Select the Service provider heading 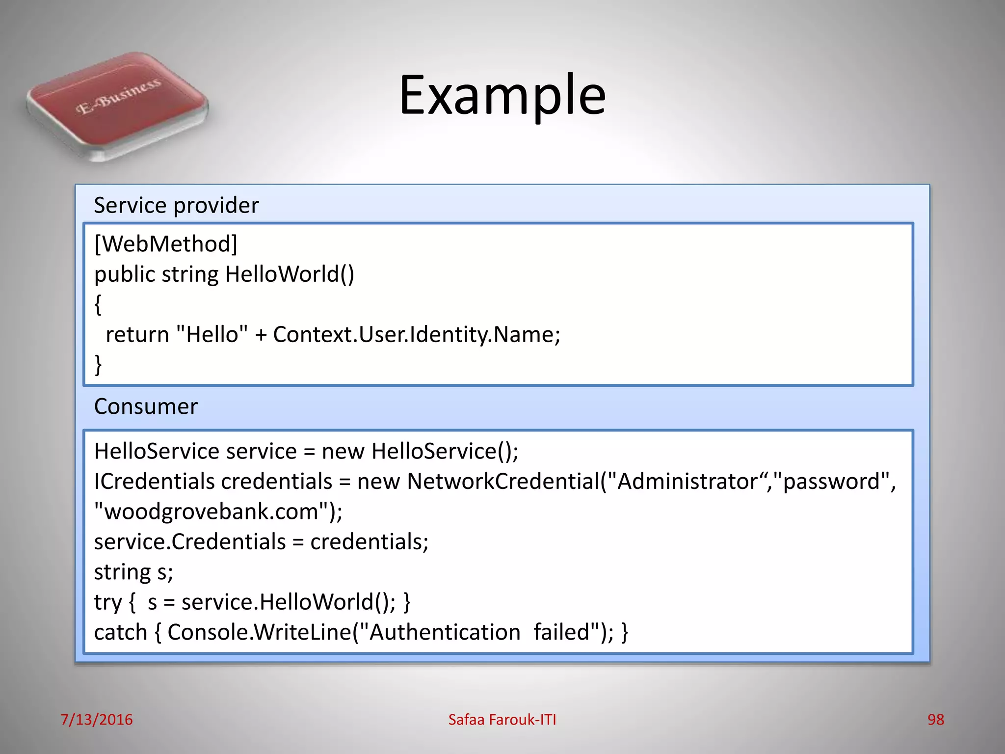coord(176,205)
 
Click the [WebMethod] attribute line coord(166,244)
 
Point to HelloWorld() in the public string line coord(290,274)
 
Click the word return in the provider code coord(137,335)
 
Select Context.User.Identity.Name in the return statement coord(416,335)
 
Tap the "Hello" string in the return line coord(212,335)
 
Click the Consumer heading coord(146,406)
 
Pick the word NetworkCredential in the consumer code coord(503,482)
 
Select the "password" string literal coord(831,482)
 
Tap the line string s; coord(133,572)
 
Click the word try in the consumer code coord(107,603)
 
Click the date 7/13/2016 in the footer coord(96,720)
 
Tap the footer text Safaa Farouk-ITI coord(502,720)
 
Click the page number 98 coord(935,720)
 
